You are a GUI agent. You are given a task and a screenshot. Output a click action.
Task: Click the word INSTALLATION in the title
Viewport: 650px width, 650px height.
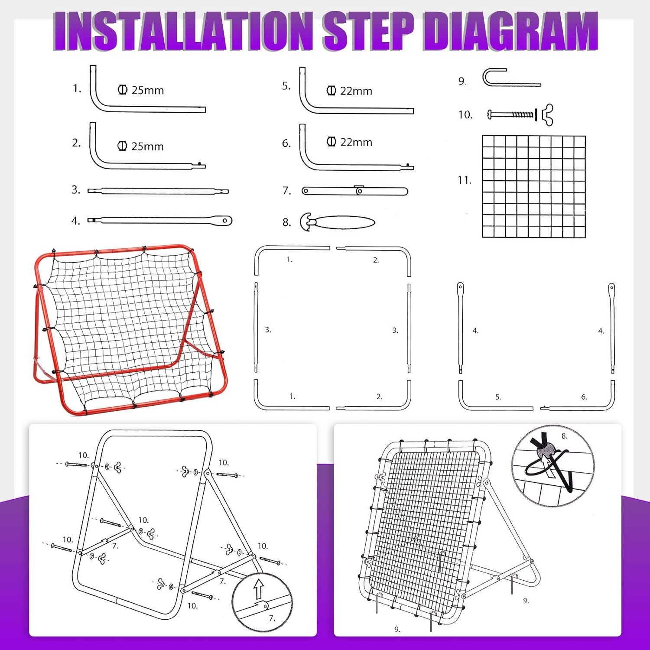pos(184,31)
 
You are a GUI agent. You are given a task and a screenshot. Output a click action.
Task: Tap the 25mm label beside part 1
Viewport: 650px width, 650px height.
pos(147,90)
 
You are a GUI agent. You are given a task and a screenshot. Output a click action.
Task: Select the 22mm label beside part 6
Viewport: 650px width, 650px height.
pos(356,142)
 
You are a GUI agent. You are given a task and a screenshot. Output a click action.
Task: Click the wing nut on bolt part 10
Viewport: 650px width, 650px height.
pos(548,114)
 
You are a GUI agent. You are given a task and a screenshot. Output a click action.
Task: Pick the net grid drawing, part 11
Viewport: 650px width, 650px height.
pos(534,186)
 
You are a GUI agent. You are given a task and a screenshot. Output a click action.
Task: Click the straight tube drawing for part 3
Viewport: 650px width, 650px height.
pos(158,191)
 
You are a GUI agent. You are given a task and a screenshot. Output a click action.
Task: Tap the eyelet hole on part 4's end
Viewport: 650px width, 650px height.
pos(225,221)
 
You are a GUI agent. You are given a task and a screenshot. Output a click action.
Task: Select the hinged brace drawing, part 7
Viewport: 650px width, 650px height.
pos(355,191)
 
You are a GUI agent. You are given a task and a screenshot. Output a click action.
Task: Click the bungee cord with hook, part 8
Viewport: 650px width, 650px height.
pos(338,222)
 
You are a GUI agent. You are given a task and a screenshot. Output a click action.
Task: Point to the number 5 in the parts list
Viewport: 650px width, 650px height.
pos(286,86)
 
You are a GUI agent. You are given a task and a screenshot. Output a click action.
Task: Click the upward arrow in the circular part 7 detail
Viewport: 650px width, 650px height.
pos(259,590)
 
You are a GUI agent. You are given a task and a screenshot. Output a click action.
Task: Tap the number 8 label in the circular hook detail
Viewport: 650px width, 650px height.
pos(564,436)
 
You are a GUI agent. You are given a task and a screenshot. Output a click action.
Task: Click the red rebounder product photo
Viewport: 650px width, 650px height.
pos(130,329)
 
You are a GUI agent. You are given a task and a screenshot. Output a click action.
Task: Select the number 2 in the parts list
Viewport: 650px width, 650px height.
pos(76,143)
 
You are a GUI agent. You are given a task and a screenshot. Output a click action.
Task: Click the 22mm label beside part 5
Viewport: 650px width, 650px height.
pos(356,91)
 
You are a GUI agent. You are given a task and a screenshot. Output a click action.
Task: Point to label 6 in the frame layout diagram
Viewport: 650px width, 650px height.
pos(584,397)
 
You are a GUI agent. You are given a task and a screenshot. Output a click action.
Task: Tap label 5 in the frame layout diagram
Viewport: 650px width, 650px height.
pos(498,397)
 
